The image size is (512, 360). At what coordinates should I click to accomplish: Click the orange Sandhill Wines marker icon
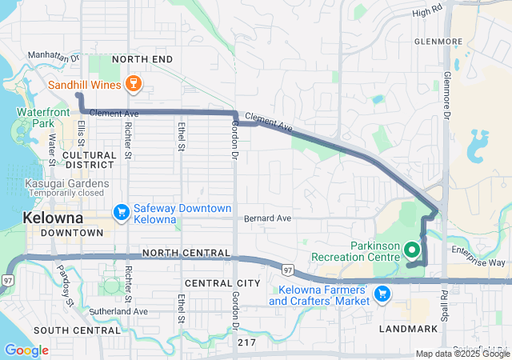(x=134, y=83)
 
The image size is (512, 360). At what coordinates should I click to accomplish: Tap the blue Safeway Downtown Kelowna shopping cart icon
(x=122, y=212)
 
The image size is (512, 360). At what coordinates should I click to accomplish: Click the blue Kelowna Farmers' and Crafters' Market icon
(x=382, y=294)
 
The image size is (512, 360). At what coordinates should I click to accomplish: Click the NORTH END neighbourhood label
(x=142, y=59)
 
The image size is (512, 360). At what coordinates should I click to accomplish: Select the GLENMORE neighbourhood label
(x=438, y=42)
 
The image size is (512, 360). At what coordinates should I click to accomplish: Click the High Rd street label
(x=426, y=13)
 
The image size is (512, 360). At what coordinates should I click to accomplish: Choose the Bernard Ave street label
(x=268, y=218)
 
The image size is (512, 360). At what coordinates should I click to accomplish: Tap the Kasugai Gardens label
(x=54, y=184)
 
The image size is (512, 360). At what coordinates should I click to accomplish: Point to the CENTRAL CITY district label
(x=222, y=283)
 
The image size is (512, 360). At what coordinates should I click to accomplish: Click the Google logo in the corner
(x=26, y=350)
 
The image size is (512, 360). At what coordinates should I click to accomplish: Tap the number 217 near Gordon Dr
(x=247, y=342)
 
